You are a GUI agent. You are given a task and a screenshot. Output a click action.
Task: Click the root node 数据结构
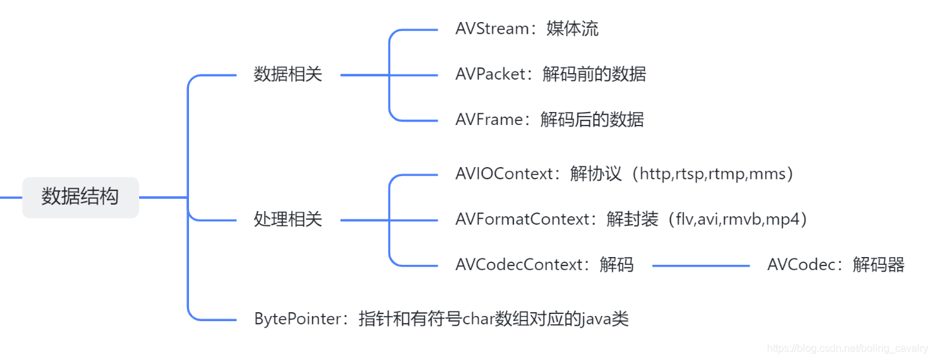coord(80,197)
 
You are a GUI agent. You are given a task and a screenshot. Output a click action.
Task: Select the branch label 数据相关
coord(287,75)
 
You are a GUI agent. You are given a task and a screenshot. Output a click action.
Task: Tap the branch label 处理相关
coord(287,220)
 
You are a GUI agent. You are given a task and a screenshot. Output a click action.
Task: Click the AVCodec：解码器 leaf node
coord(835,265)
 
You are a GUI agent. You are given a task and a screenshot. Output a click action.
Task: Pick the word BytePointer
coord(293,319)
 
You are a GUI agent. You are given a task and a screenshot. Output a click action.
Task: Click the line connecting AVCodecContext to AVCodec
coord(700,265)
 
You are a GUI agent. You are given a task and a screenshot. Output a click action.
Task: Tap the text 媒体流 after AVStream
coord(573,29)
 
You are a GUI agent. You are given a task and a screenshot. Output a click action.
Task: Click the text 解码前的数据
coord(594,74)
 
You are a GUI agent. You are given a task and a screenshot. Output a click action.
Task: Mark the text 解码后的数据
coord(592,120)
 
